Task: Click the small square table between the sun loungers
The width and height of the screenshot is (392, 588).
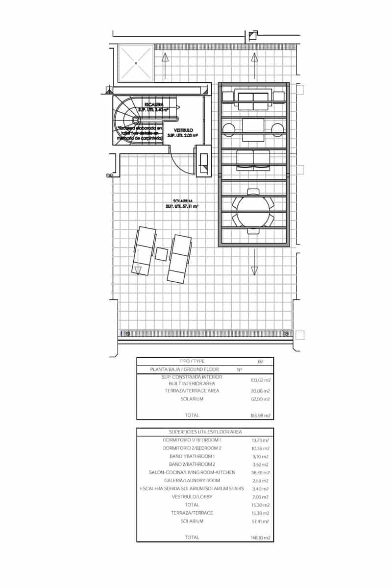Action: [162, 254]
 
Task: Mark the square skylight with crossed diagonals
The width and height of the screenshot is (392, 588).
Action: [136, 63]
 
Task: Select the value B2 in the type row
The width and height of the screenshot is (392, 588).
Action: [260, 361]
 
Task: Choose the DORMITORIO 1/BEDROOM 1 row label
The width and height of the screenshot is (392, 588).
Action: [192, 441]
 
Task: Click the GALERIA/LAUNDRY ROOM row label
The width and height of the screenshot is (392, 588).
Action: [192, 481]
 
